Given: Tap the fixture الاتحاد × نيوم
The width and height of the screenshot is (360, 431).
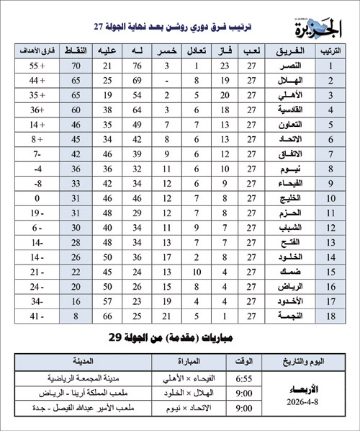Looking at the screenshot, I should pyautogui.click(x=184, y=408).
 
